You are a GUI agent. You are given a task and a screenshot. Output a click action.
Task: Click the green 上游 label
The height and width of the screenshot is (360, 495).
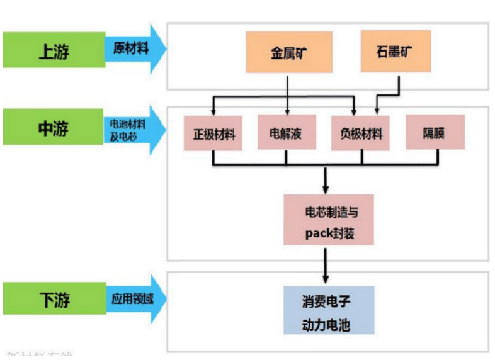tap(54, 50)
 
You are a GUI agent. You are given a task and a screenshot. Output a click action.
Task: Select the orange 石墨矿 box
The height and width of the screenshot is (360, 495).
tap(395, 52)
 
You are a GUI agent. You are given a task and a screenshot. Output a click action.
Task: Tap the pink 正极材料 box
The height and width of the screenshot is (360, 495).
tap(213, 133)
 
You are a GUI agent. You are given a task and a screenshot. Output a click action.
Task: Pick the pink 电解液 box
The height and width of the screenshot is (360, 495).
tap(287, 133)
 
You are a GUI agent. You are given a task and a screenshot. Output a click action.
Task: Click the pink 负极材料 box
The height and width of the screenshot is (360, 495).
tap(361, 133)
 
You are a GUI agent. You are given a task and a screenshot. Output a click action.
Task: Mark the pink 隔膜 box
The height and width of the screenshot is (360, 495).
tap(435, 133)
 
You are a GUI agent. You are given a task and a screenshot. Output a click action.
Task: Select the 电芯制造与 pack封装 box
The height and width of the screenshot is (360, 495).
tap(329, 219)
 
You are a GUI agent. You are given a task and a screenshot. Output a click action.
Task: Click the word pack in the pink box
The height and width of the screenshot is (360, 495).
tap(319, 233)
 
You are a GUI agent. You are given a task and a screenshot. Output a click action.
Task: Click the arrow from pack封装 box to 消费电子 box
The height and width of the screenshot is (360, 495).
tap(326, 264)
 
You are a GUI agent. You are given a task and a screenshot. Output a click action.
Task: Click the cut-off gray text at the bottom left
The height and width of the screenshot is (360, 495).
tap(38, 356)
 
